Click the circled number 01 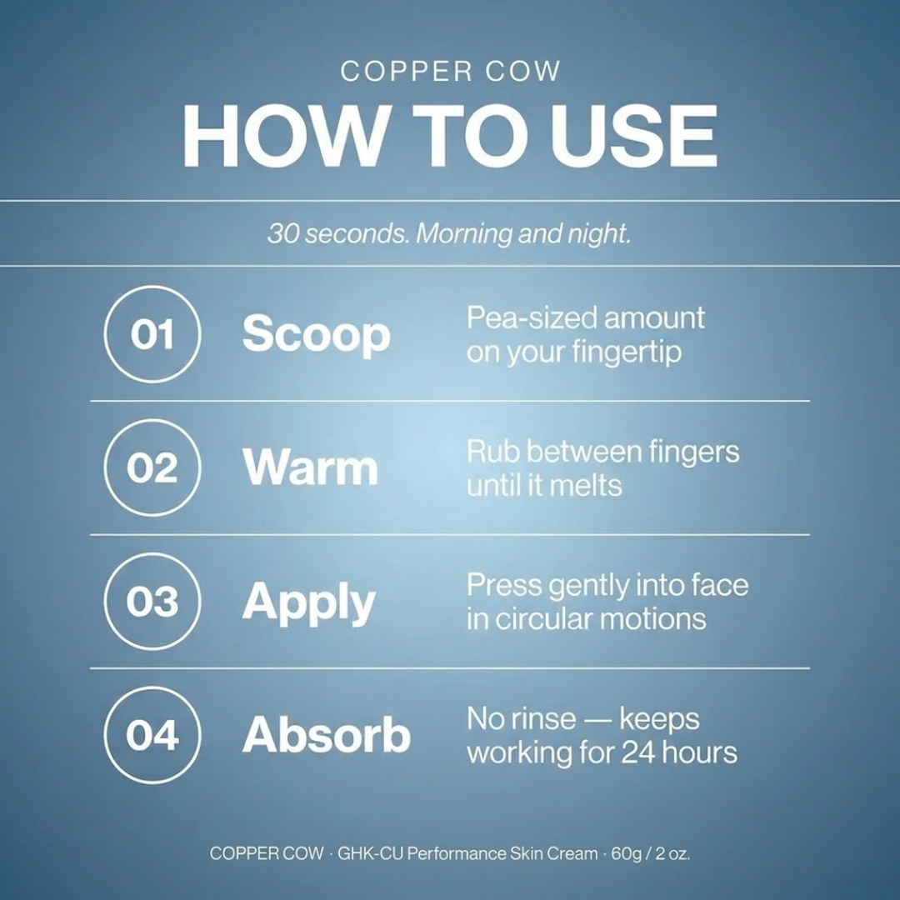tap(152, 334)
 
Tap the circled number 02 tap(152, 467)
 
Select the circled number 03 tap(152, 602)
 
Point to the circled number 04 tap(152, 735)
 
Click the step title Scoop tap(317, 336)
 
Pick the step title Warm tap(310, 467)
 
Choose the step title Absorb tap(326, 735)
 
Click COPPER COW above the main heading tap(450, 71)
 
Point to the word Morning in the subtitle tap(464, 233)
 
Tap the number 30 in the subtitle tap(283, 234)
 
